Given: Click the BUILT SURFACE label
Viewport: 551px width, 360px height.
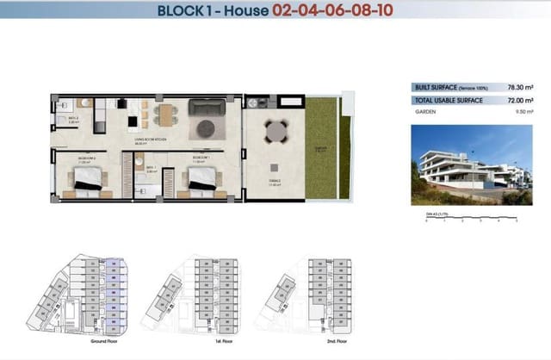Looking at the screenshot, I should tap(435, 88).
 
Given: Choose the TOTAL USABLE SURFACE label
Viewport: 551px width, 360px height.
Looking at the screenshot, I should tap(449, 101).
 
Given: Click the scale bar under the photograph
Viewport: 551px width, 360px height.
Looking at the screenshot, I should tap(470, 218).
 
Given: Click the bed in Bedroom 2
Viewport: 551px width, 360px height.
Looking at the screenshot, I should tap(88, 178).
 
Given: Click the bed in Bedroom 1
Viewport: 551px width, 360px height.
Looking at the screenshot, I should tap(201, 178).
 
